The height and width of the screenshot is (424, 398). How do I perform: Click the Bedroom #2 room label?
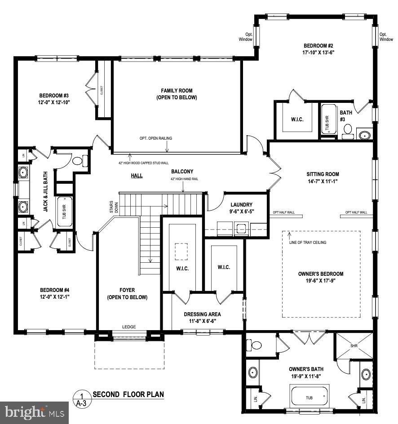[318, 46]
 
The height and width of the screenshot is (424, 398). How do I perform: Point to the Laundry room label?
[241, 205]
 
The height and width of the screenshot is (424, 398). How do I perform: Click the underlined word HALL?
[137, 176]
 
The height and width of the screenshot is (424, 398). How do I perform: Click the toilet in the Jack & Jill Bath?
[78, 160]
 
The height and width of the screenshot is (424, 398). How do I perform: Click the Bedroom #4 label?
[54, 290]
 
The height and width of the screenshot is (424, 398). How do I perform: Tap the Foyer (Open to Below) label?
[127, 294]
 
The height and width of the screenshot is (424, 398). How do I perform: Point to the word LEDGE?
[129, 327]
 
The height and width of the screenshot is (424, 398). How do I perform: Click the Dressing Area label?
[202, 314]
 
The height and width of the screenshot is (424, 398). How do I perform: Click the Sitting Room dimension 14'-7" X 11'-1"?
[323, 181]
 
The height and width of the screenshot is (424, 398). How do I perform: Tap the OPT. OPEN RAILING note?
[155, 138]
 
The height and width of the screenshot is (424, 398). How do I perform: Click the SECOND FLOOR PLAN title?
[128, 395]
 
